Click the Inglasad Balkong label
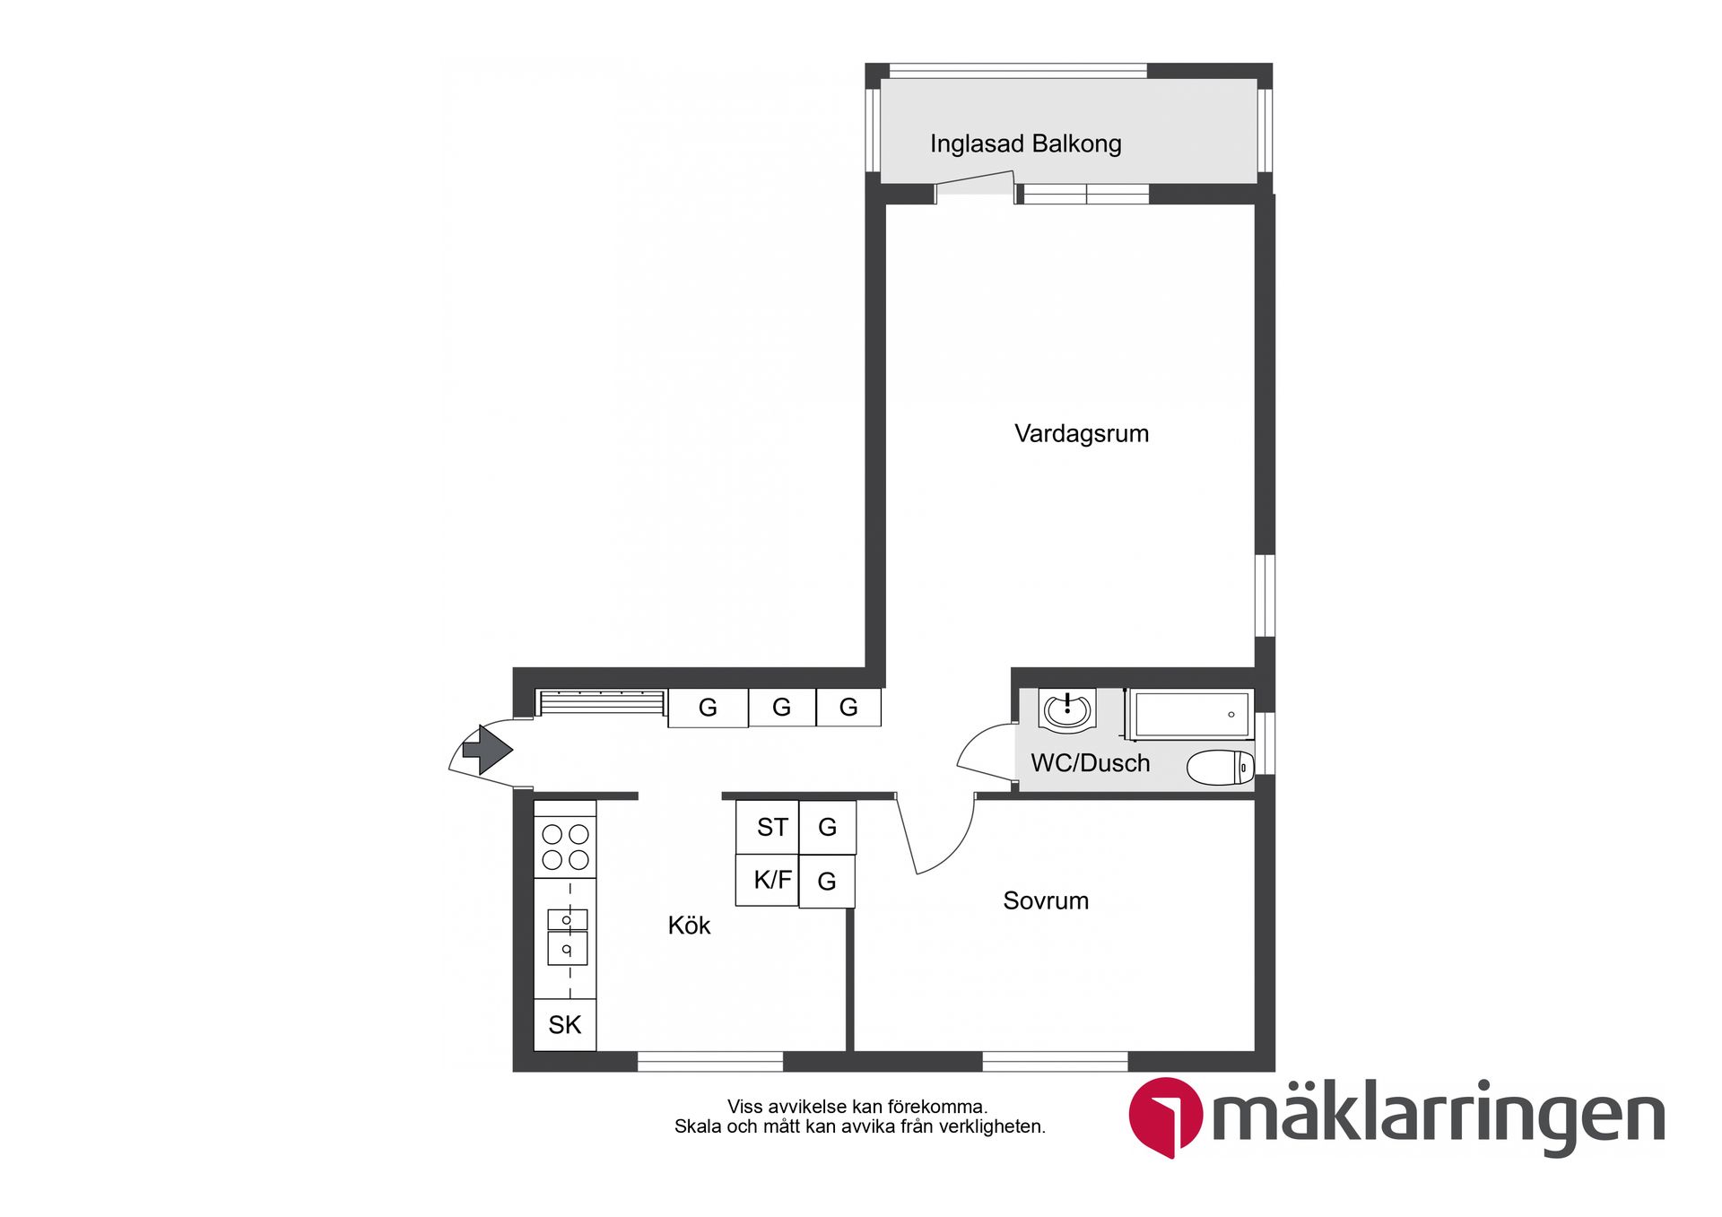coord(1025,143)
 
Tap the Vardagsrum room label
coord(1081,434)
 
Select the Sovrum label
coord(1046,900)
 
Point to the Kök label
coord(689,926)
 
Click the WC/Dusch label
coord(1090,763)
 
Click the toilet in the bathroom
coord(1220,768)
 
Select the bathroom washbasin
coord(1066,711)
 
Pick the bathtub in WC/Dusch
coord(1191,714)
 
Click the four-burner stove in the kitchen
coord(565,847)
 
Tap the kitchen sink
coord(567,935)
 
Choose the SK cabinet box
coord(565,1024)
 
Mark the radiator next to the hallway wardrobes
coord(602,701)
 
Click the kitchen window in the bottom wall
coord(710,1062)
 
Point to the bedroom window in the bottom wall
coord(1055,1062)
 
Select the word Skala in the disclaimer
coord(697,1126)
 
